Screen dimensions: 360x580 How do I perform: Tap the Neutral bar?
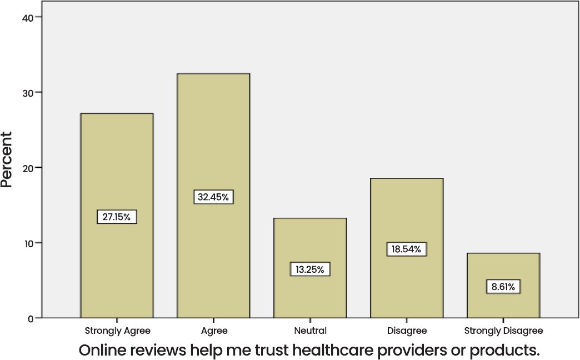point(310,239)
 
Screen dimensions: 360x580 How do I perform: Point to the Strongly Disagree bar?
point(503,267)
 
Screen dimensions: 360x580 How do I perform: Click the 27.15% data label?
point(117,217)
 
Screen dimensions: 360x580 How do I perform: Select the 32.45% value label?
point(213,197)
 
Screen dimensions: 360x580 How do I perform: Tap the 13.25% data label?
point(310,269)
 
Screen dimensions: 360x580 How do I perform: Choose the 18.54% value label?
point(407,249)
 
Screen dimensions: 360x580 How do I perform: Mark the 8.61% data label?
point(503,287)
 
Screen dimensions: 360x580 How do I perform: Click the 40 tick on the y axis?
point(28,17)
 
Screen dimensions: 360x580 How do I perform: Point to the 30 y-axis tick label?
point(28,92)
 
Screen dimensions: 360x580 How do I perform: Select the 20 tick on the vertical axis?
point(28,168)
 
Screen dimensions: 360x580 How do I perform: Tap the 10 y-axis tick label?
point(28,243)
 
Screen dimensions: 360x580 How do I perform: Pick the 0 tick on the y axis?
point(31,318)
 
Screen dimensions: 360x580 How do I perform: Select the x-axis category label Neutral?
point(310,331)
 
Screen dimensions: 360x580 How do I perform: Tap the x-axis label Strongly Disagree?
point(503,331)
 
